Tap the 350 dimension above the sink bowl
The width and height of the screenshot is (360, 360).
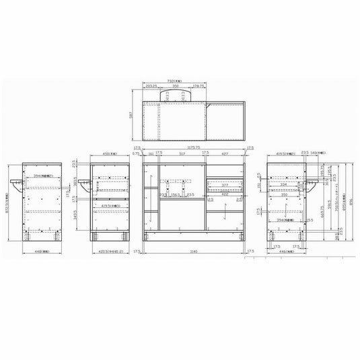click(x=175, y=87)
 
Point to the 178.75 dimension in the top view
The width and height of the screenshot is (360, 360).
click(x=197, y=87)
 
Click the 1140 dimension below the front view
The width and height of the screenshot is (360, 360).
click(x=195, y=252)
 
